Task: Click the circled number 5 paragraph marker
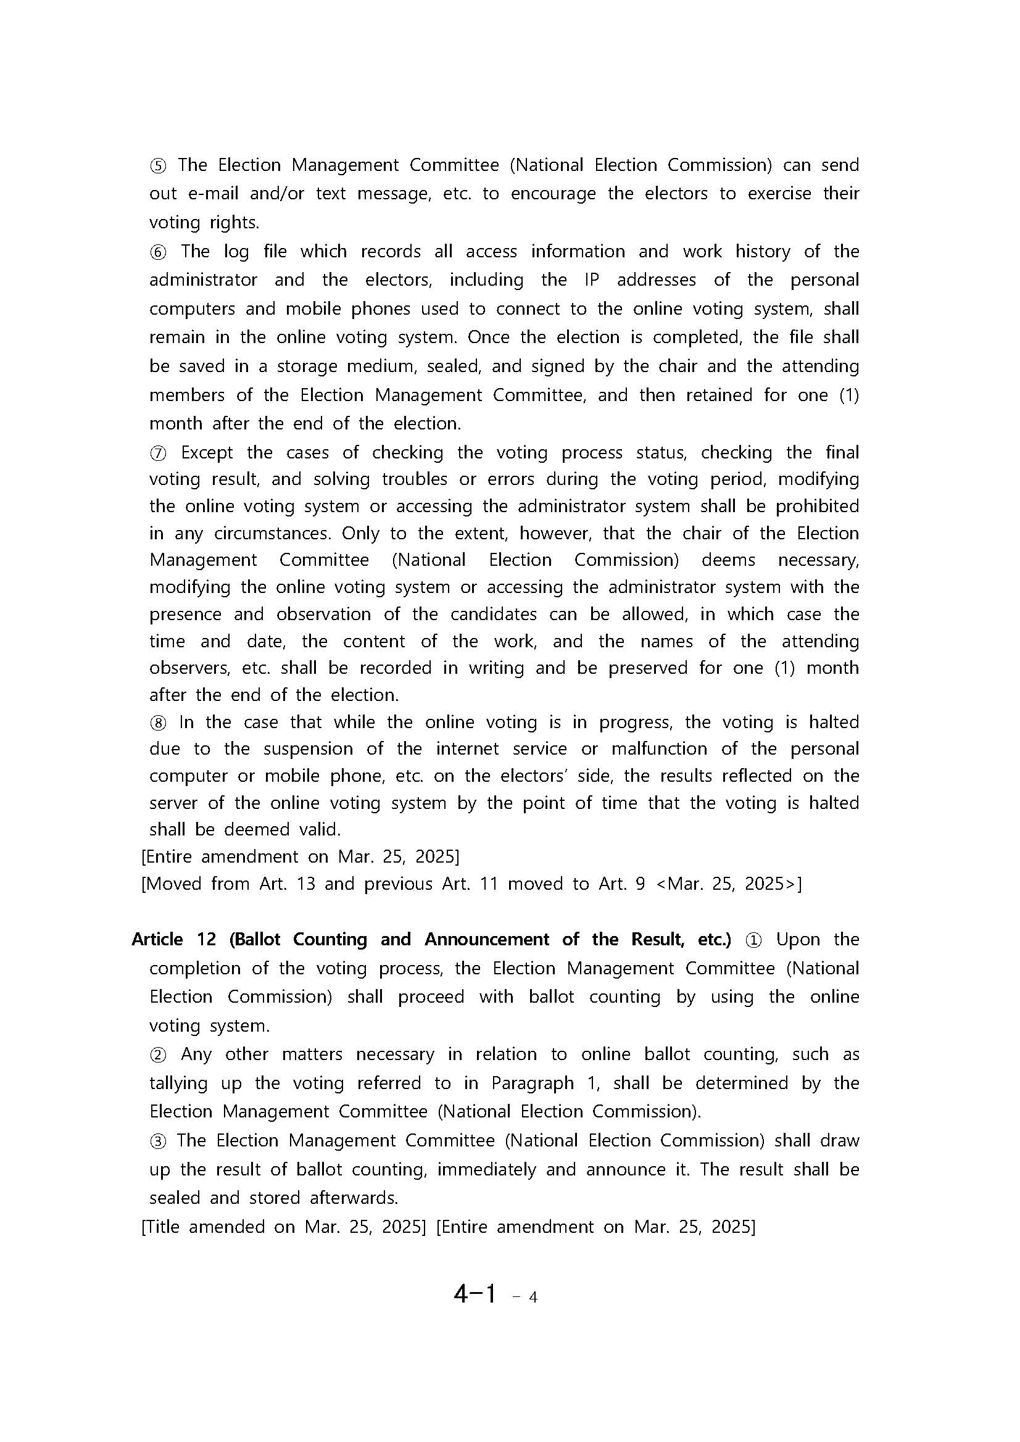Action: [x=157, y=166]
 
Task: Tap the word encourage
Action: [x=553, y=194]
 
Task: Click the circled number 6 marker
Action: [x=157, y=252]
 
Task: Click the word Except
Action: [x=207, y=453]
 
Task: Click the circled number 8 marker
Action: [x=157, y=723]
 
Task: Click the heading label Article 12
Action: [x=174, y=940]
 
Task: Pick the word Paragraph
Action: [x=532, y=1084]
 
